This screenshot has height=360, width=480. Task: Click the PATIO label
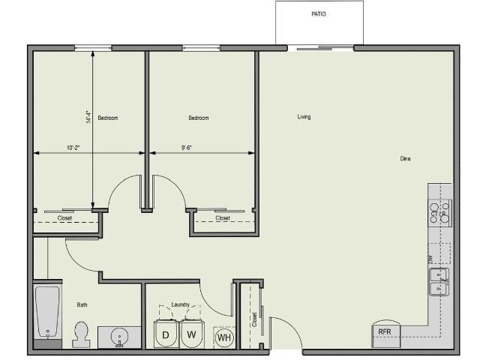[319, 13]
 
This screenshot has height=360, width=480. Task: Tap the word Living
[304, 117]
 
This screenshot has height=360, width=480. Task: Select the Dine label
[405, 159]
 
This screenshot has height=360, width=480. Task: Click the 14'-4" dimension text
[88, 117]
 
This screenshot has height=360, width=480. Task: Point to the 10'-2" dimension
[73, 148]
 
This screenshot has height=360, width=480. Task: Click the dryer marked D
[166, 334]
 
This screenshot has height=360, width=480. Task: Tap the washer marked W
[192, 334]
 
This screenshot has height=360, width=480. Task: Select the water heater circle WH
[223, 337]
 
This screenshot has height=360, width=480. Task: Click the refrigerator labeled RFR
[385, 331]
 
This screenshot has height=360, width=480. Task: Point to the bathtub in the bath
[47, 312]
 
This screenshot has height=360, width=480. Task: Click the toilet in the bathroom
[81, 334]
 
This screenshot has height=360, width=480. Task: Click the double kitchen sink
[439, 282]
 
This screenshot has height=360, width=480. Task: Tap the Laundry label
[180, 304]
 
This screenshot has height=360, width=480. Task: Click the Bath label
[82, 304]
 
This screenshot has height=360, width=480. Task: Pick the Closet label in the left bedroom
[65, 218]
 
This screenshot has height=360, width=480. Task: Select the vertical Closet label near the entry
[255, 319]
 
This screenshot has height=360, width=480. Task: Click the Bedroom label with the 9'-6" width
[199, 118]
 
